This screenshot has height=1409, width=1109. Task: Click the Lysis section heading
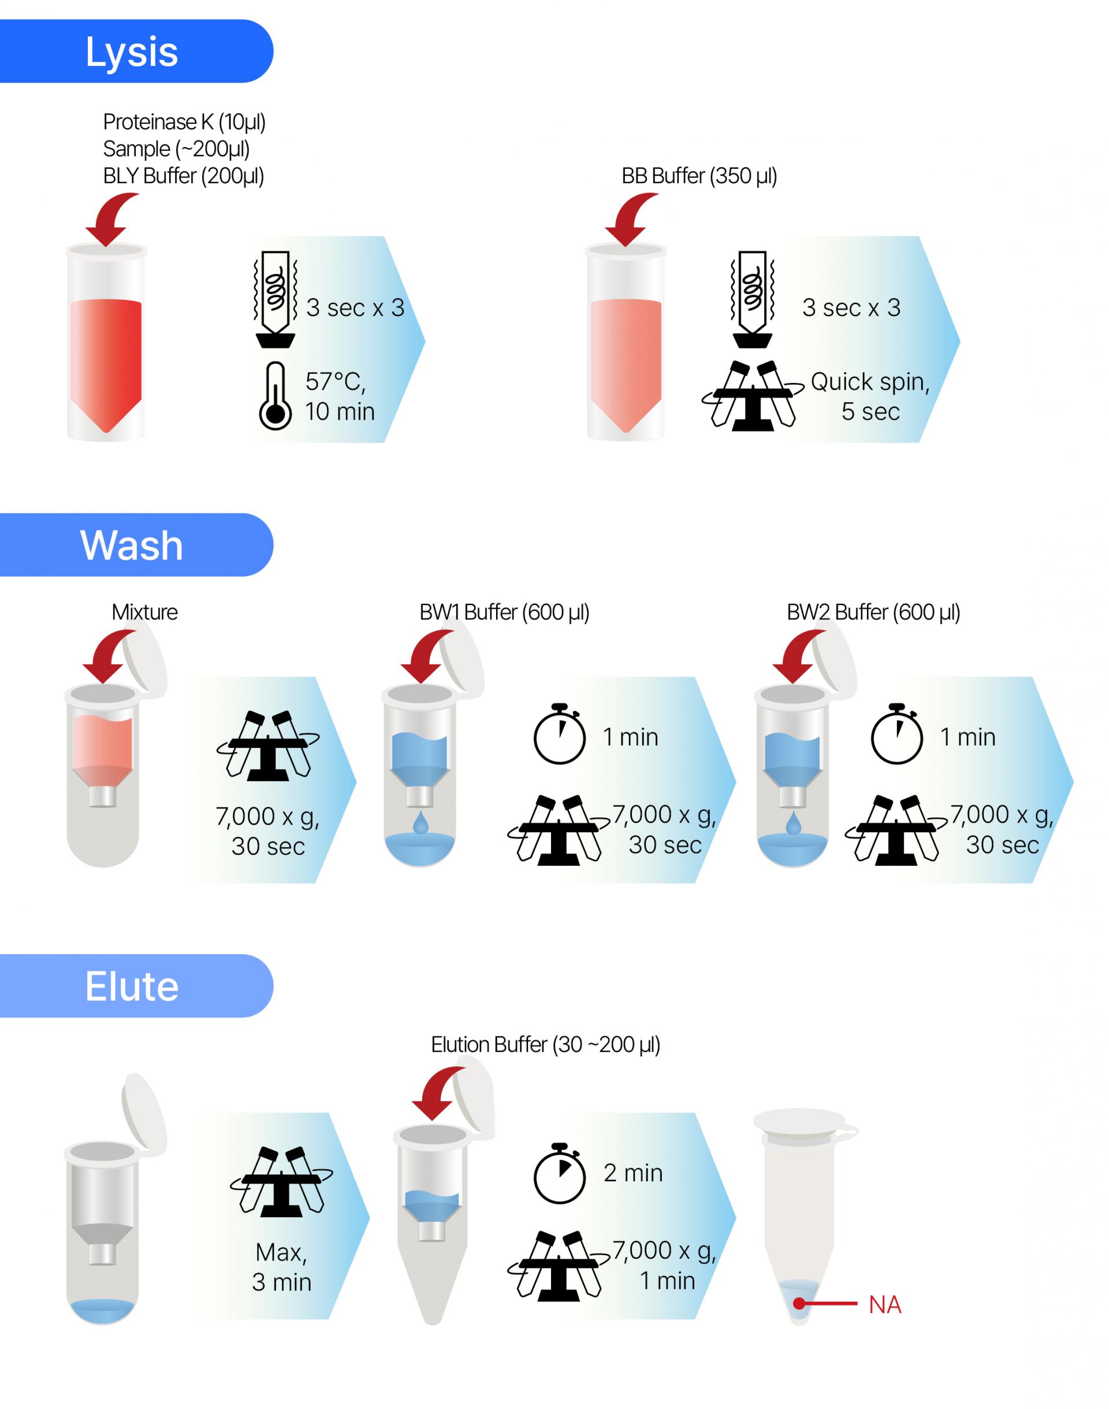132,52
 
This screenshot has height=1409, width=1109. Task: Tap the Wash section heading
132,545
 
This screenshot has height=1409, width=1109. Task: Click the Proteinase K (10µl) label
184,122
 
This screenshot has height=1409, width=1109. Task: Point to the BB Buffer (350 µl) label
699,176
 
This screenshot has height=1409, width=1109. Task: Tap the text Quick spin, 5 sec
870,396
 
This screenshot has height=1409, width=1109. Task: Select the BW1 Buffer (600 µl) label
504,612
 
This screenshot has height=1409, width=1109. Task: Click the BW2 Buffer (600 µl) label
873,612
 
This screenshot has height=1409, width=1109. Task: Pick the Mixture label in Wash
144,612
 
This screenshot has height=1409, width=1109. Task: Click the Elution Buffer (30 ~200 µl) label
545,1044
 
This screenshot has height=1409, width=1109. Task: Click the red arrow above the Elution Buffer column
440,1095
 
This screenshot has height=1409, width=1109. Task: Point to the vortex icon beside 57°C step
276,299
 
